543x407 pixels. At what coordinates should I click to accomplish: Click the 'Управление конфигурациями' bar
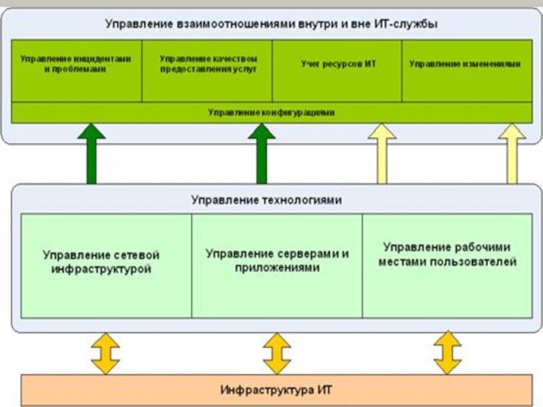pos(271,113)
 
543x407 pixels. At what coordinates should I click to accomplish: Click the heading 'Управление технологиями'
pos(266,200)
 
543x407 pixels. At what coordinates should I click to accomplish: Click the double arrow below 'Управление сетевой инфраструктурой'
pos(105,352)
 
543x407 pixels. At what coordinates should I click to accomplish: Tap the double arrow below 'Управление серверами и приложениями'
pos(276,352)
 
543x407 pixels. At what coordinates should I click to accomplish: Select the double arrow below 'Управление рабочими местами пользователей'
pos(447,352)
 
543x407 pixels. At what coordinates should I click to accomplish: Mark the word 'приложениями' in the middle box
pos(277,268)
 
